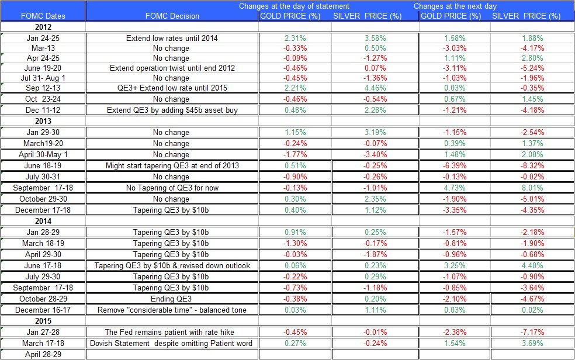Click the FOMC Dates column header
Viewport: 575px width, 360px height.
point(43,16)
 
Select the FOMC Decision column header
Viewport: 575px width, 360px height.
point(171,16)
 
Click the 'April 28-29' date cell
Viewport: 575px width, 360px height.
point(43,354)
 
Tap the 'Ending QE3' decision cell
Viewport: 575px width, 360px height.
point(171,299)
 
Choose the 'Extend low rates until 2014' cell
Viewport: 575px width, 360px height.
point(171,38)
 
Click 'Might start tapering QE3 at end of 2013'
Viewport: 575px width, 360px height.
point(171,165)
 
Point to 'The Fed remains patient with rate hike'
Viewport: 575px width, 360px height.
point(171,332)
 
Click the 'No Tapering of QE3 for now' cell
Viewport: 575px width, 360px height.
point(171,188)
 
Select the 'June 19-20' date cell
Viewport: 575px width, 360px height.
point(43,68)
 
